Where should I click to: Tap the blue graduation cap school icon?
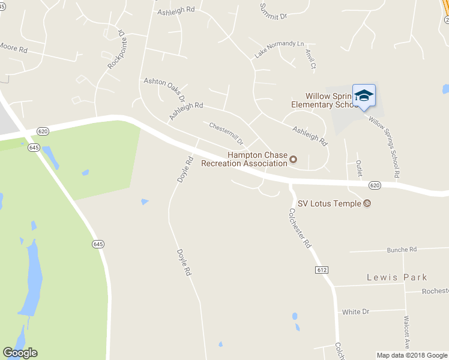click(364, 96)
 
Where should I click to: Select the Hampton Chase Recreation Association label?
click(244, 159)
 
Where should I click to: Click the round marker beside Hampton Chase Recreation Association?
click(294, 159)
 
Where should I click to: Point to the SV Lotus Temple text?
click(330, 203)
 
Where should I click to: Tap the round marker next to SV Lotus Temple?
click(367, 203)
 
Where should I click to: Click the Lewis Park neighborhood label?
click(397, 277)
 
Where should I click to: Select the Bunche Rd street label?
click(402, 250)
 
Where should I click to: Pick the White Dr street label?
click(355, 312)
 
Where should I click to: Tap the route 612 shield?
click(321, 271)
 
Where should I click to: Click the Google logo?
click(20, 353)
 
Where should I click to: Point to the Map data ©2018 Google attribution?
click(411, 355)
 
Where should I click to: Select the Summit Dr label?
click(273, 11)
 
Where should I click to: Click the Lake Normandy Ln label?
click(279, 49)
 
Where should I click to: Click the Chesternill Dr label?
click(226, 133)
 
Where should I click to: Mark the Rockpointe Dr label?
click(118, 50)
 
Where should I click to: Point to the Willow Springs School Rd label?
click(384, 147)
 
